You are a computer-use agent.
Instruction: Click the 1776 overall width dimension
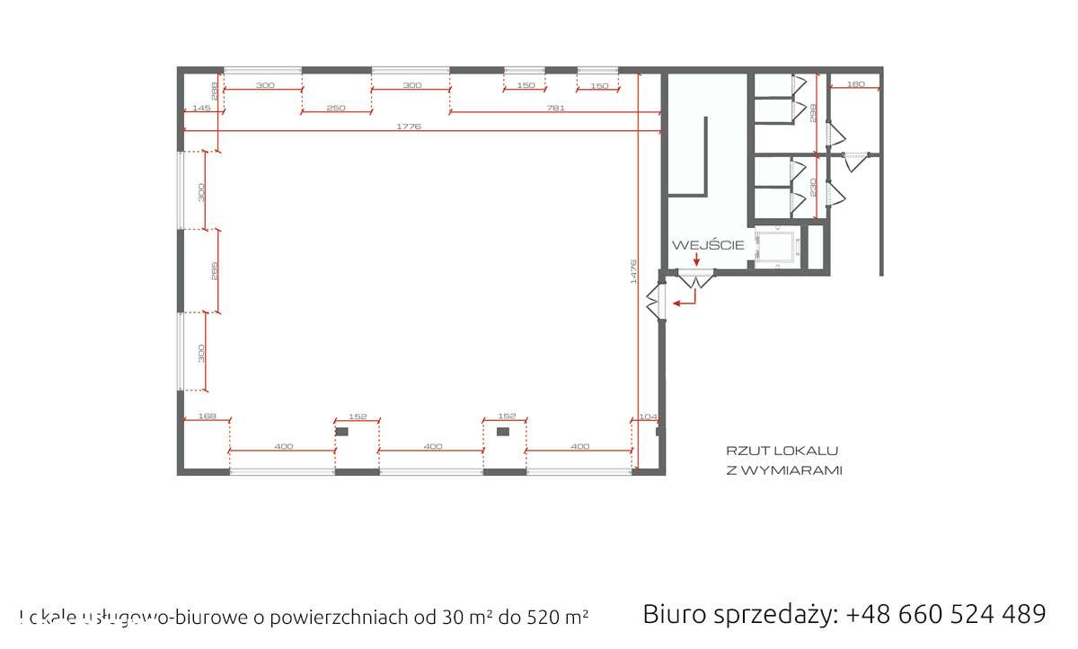click(409, 127)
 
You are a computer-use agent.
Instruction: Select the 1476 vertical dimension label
click(632, 272)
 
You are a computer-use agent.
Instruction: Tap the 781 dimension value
click(555, 108)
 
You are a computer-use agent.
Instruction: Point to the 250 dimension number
click(336, 108)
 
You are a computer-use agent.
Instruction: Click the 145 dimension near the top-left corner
click(201, 108)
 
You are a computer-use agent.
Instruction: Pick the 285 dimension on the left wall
click(214, 270)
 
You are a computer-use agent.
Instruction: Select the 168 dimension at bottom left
click(206, 416)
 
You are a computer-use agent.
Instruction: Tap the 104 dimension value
click(647, 417)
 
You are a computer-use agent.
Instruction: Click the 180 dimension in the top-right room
click(855, 84)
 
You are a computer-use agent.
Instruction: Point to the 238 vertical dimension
click(812, 113)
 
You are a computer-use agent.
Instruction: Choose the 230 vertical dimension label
click(812, 188)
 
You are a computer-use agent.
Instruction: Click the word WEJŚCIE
click(708, 244)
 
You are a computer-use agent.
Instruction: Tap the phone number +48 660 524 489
click(946, 614)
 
